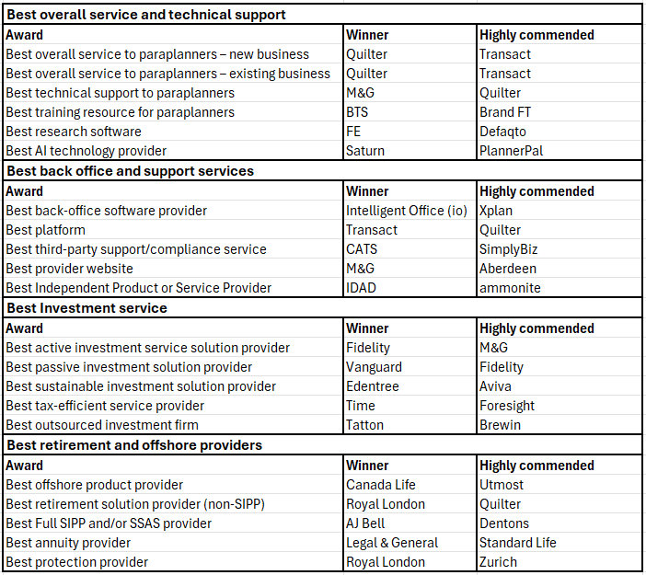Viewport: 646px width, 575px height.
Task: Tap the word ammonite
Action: pyautogui.click(x=510, y=287)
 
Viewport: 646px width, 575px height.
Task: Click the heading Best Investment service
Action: pyautogui.click(x=87, y=308)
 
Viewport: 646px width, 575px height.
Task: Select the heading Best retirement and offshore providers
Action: pyautogui.click(x=134, y=445)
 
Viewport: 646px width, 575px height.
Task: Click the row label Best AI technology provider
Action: pyautogui.click(x=87, y=151)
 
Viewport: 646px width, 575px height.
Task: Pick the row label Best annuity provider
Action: pyautogui.click(x=68, y=543)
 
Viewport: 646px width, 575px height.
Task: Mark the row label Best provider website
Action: pyautogui.click(x=70, y=269)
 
